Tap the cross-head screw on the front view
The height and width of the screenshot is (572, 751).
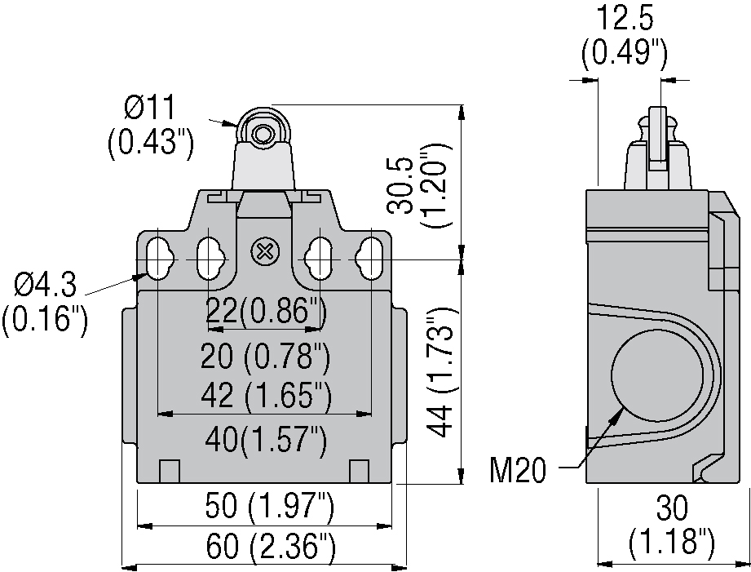point(263,251)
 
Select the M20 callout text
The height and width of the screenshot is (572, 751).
point(518,470)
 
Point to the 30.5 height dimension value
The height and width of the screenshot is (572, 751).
point(401,184)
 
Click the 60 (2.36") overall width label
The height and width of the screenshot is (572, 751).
point(271,547)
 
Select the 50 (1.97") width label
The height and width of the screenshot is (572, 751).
point(269,506)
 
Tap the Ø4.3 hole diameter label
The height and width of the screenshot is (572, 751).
point(46,285)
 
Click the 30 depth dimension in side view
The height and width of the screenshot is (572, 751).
point(672,508)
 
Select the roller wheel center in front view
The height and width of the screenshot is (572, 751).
point(262,135)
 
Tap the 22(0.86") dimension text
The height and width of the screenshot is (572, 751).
point(267,313)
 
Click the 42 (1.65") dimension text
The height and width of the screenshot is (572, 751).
point(267,396)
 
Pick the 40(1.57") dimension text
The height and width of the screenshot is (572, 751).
point(267,439)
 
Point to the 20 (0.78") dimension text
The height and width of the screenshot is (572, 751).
point(265,356)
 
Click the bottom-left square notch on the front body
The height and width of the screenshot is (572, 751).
point(169,472)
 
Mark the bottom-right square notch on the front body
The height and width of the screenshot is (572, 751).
point(360,472)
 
